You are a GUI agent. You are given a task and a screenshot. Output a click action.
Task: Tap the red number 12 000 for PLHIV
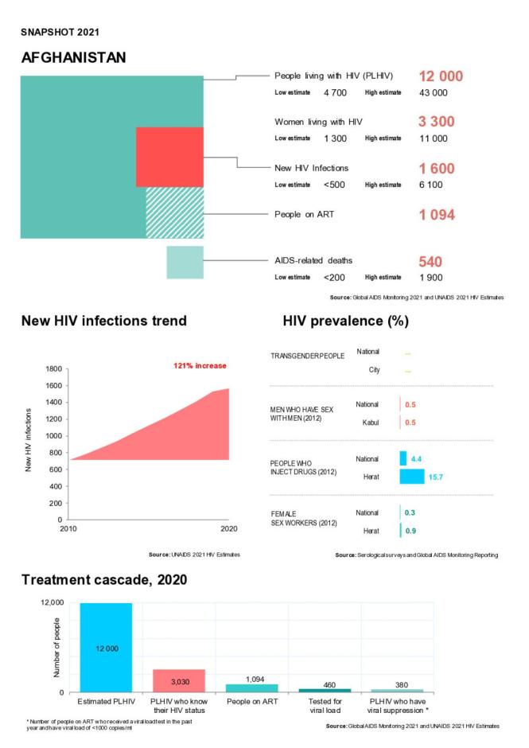point(440,76)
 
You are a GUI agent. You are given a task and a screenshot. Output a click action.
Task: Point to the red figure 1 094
point(440,214)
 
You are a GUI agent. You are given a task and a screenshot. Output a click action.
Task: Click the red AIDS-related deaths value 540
point(430,261)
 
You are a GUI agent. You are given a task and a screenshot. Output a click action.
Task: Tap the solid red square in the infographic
point(169,157)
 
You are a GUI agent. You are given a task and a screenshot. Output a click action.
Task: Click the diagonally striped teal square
point(174,212)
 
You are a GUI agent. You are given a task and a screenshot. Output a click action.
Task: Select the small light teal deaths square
point(185,262)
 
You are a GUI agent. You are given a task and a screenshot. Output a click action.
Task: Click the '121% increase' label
point(200,365)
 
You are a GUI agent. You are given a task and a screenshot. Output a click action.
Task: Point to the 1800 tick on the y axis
point(52,369)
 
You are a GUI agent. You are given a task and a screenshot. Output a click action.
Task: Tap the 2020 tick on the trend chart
point(229,528)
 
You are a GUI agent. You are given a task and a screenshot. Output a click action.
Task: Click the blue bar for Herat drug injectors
point(411,477)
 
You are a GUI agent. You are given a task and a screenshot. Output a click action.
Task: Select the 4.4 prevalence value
point(416,458)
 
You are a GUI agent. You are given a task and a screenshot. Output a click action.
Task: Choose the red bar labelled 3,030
point(178,680)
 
